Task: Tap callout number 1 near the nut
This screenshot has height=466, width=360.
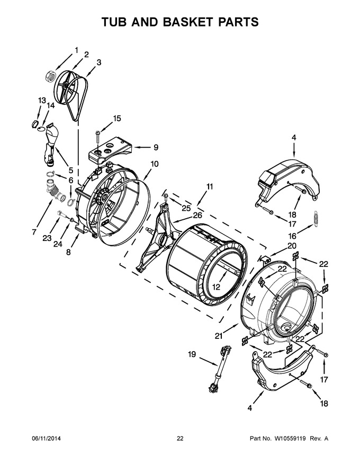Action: [76, 50]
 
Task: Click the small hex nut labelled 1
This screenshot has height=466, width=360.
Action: [51, 76]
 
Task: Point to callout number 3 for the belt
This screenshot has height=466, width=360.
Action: [99, 62]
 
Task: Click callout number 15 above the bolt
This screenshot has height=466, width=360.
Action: [116, 118]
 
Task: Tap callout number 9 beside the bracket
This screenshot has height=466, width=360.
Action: [156, 147]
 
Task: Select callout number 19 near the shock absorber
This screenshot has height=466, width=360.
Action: [192, 354]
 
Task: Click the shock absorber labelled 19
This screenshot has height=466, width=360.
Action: [220, 369]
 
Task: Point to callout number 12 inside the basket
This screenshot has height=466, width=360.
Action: [216, 287]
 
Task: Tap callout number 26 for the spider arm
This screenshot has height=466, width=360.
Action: [197, 215]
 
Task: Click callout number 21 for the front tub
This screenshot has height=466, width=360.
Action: [219, 336]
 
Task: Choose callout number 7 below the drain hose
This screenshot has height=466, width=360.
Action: [35, 232]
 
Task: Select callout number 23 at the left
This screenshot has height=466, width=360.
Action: [47, 238]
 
